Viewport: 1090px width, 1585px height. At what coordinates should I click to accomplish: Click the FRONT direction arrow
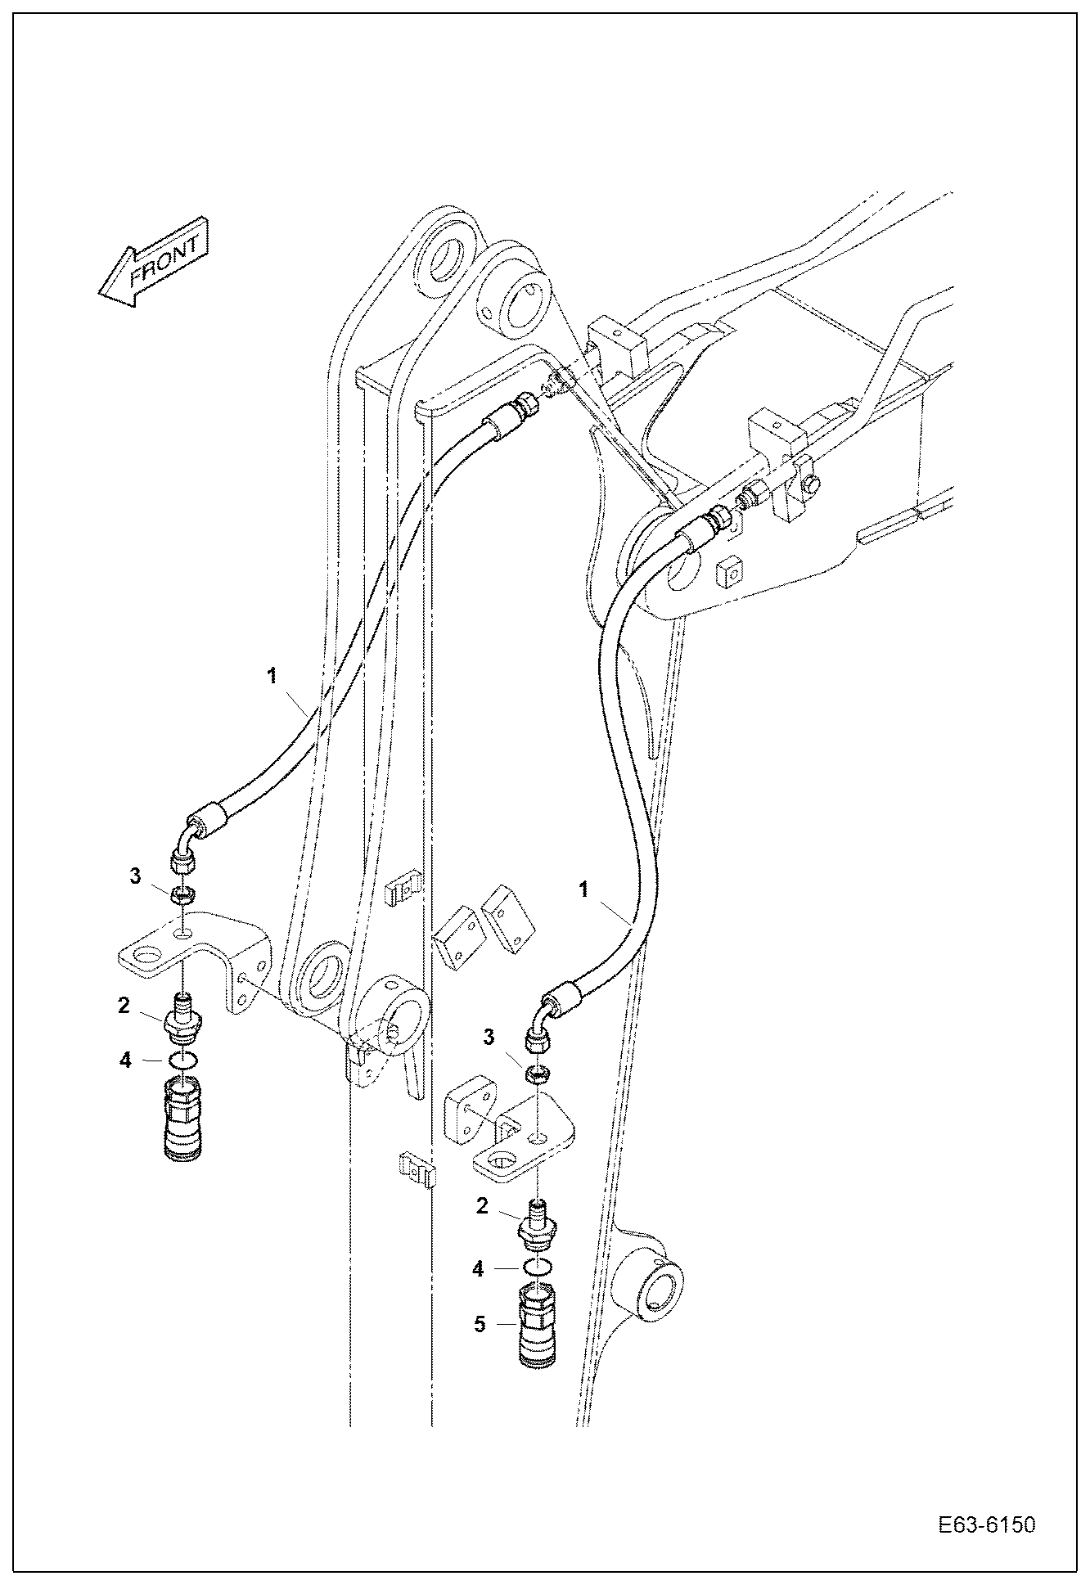tap(154, 262)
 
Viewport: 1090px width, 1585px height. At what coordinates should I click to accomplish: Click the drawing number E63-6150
tap(986, 1525)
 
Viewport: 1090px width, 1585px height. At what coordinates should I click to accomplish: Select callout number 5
tap(480, 1323)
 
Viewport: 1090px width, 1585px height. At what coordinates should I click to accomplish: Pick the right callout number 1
tap(584, 889)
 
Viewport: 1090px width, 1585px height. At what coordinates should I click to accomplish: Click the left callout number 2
tap(124, 1005)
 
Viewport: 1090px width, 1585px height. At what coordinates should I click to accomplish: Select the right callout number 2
tap(483, 1205)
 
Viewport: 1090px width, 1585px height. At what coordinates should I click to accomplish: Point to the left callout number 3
tap(135, 877)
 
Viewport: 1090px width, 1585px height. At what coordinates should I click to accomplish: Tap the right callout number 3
tap(489, 1038)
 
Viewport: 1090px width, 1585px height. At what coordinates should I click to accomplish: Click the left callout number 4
tap(124, 1060)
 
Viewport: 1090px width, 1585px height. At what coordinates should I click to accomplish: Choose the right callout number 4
tap(479, 1269)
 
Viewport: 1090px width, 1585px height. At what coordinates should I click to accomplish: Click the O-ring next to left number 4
tap(183, 1060)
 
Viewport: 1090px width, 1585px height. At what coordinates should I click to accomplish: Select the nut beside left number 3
tap(184, 894)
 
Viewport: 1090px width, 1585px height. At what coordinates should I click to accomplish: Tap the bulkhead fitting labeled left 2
tap(183, 1019)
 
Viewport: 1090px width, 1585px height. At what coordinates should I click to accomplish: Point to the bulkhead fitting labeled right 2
tap(538, 1224)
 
